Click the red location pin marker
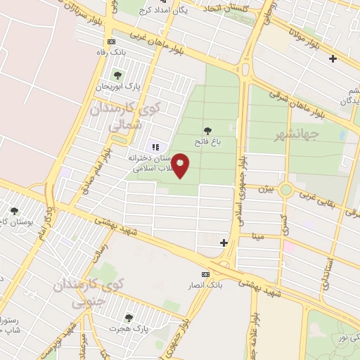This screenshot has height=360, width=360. [x=181, y=166]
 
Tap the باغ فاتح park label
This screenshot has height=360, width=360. [x=208, y=141]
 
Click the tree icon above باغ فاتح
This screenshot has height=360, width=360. [x=207, y=130]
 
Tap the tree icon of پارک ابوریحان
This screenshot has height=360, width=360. [x=117, y=75]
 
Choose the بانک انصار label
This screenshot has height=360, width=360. [x=205, y=284]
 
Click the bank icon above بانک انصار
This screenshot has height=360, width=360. [x=205, y=274]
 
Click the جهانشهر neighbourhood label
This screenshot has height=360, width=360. [x=297, y=133]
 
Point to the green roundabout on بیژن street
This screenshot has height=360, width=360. [x=285, y=189]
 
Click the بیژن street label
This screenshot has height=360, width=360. [x=264, y=188]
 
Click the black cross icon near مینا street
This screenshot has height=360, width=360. [x=224, y=243]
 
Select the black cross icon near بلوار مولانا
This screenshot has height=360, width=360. [x=333, y=58]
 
